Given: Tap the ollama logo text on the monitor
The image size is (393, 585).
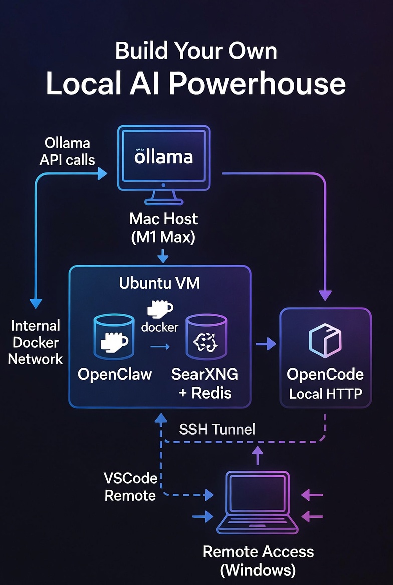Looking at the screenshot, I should pos(163,156).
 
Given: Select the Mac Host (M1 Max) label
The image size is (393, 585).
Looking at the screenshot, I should pos(163,227).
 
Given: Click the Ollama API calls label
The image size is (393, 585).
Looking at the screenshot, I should pos(67,151).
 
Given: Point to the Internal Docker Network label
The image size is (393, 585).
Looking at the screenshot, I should pos(36,342).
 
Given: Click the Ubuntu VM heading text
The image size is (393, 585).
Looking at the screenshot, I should pos(159,283).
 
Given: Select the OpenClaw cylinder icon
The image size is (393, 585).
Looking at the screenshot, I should pos(114,338).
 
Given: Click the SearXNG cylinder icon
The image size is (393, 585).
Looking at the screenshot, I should pos(206,338).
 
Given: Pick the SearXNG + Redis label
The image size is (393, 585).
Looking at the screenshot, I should pos(205,383).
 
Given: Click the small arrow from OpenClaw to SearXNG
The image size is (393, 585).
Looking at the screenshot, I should pos(160,346).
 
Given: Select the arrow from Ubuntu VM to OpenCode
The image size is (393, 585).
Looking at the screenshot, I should pos(266,344).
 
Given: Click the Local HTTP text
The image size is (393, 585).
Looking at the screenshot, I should pos(325,394).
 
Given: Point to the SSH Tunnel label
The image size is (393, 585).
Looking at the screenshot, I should pos(217,429).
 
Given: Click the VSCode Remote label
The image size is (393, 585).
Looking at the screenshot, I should pos(130,487).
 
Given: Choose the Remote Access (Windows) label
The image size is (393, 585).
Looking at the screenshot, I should pos(258,560).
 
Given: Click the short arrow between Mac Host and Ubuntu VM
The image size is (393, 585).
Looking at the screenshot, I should pos(163,256).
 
